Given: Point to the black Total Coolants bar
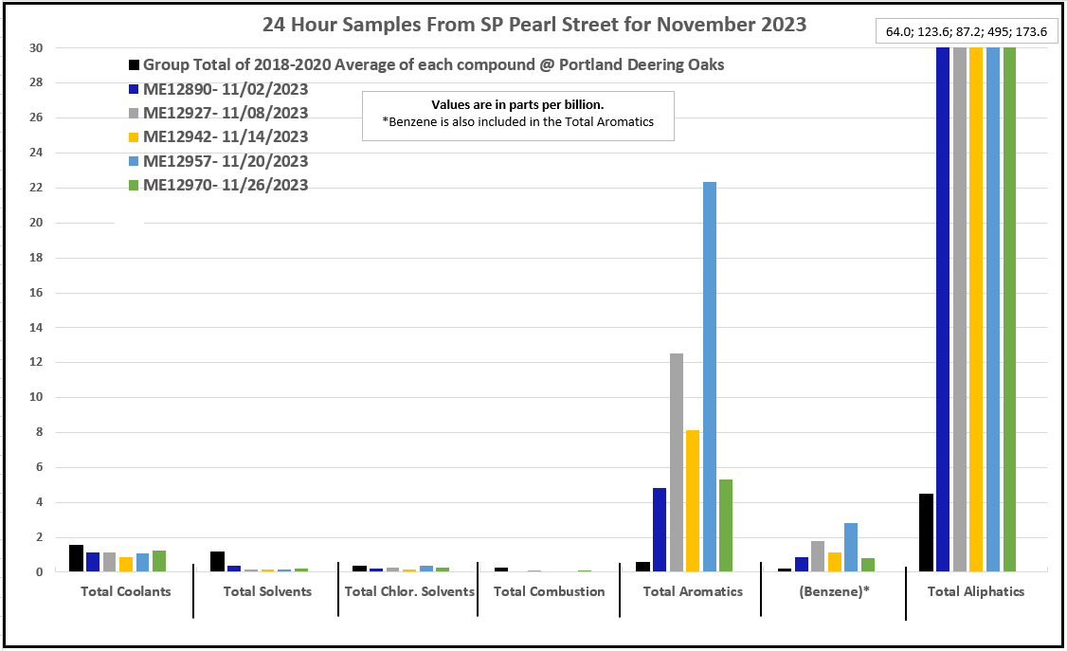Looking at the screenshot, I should point(76,558).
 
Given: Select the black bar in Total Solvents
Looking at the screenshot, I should point(217,561).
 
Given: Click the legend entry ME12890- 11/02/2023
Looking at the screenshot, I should point(226,89).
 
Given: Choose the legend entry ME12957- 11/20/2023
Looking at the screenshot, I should point(226,161).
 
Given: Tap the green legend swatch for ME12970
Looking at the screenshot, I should point(135,185).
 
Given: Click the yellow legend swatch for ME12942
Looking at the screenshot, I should point(135,136).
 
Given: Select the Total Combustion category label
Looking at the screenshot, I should point(550,591).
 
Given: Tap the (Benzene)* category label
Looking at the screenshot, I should point(834,591).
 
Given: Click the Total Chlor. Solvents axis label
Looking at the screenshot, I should point(409,591).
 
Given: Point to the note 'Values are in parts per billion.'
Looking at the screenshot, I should point(517,105).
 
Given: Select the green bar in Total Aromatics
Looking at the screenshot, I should point(726,525).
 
